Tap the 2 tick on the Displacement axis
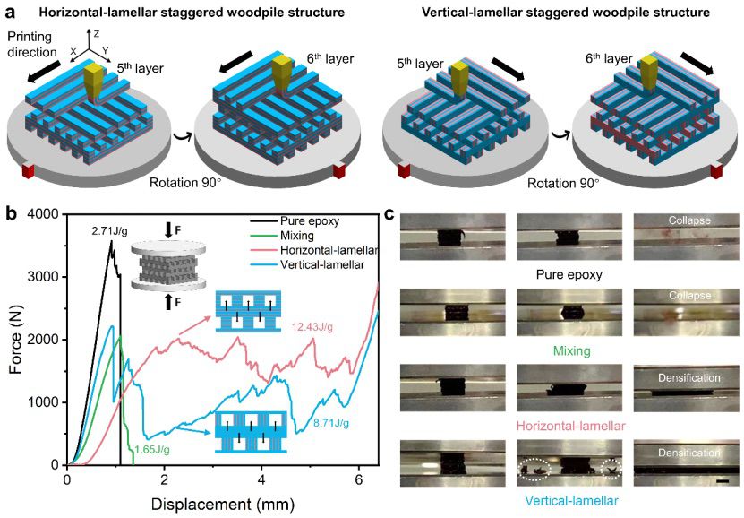pyautogui.click(x=164, y=479)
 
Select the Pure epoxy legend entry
pyautogui.click(x=295, y=221)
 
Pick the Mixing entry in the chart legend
pyautogui.click(x=282, y=236)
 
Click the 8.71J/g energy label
pyautogui.click(x=331, y=422)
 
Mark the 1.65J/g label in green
pyautogui.click(x=152, y=450)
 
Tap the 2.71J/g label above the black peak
pyautogui.click(x=109, y=231)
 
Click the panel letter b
pyautogui.click(x=11, y=213)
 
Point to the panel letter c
pyautogui.click(x=389, y=214)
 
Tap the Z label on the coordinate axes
pyautogui.click(x=97, y=33)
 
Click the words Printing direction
pyautogui.click(x=31, y=44)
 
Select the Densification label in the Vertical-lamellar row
pyautogui.click(x=689, y=453)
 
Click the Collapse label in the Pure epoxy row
pyautogui.click(x=689, y=220)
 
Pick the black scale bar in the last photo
pyautogui.click(x=723, y=481)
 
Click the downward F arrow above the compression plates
pyautogui.click(x=169, y=230)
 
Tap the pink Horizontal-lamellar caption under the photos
pyautogui.click(x=571, y=426)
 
